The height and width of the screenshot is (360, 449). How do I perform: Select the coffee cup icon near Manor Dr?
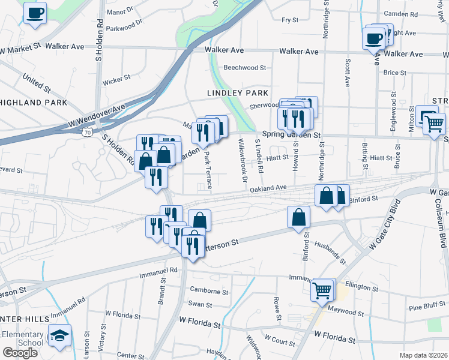tap(35, 13)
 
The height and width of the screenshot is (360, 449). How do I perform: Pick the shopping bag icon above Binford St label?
tap(298, 218)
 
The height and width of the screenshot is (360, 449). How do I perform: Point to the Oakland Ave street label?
tap(268, 188)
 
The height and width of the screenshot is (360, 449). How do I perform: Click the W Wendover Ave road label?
tap(97, 115)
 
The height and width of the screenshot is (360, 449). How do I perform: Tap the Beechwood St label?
tap(244, 68)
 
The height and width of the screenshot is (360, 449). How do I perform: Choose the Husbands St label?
tap(330, 252)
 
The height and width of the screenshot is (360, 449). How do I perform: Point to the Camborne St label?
tap(209, 292)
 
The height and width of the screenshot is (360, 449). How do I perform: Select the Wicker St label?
tap(116, 78)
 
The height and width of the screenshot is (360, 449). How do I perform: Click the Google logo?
tap(20, 353)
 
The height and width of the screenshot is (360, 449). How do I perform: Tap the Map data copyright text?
tap(423, 355)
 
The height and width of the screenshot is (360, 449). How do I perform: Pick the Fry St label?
tap(290, 20)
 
